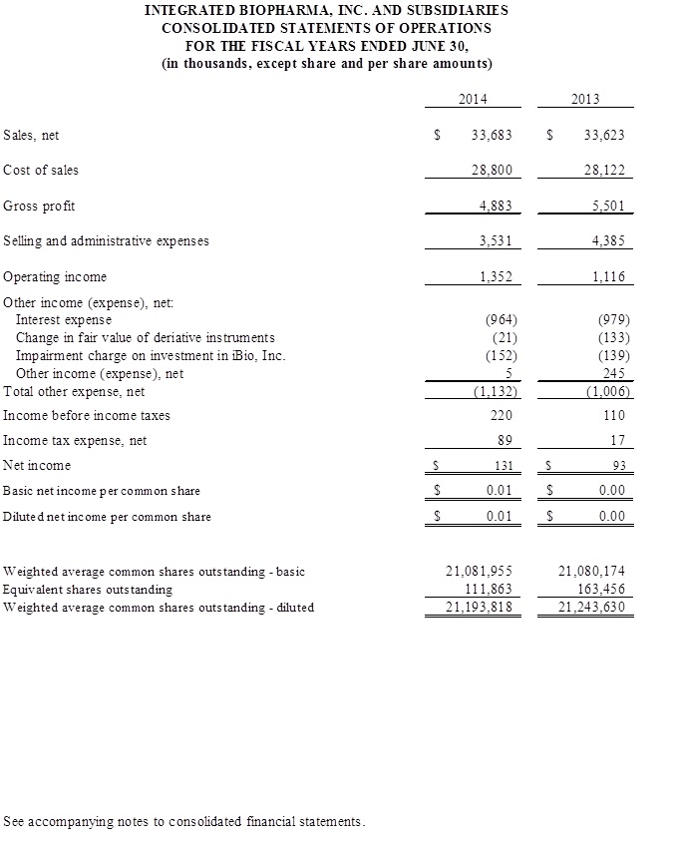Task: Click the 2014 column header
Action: click(x=473, y=99)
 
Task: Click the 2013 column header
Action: click(x=585, y=99)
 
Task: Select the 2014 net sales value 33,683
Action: click(x=492, y=135)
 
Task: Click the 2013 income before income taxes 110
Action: click(x=614, y=415)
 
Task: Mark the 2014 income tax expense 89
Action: click(x=505, y=440)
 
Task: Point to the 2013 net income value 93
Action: click(x=617, y=466)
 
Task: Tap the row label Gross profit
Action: click(x=40, y=207)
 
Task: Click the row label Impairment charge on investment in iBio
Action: click(x=151, y=356)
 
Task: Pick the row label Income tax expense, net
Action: click(x=75, y=440)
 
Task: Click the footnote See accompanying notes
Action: click(x=184, y=822)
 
